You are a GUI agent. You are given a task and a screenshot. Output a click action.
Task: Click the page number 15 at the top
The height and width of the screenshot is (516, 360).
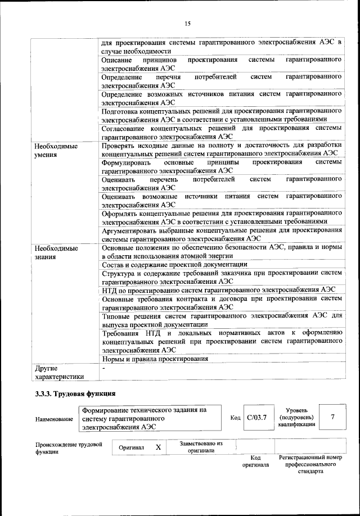(187, 23)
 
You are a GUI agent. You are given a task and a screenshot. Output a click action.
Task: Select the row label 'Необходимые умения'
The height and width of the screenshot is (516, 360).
(55, 150)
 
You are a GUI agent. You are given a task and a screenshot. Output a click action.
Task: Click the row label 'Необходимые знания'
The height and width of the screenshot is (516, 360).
(55, 252)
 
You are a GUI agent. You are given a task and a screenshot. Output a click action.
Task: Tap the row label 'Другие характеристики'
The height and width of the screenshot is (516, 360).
(59, 373)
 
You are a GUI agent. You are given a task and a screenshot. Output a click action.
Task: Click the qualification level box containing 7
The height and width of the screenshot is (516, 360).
(333, 417)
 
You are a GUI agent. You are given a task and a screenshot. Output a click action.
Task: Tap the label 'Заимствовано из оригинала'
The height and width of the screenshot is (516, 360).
(201, 447)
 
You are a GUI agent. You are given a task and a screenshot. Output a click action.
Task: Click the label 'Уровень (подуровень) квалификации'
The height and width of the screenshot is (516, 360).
(296, 418)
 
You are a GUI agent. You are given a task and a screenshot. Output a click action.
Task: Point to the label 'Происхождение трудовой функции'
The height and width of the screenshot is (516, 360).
(68, 447)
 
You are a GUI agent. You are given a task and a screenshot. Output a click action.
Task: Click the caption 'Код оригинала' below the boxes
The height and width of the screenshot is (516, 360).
(255, 462)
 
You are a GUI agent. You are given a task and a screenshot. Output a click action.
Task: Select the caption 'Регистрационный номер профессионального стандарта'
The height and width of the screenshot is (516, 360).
(310, 465)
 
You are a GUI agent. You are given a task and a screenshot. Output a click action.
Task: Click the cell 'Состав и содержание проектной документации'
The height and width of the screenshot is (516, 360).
(174, 264)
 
